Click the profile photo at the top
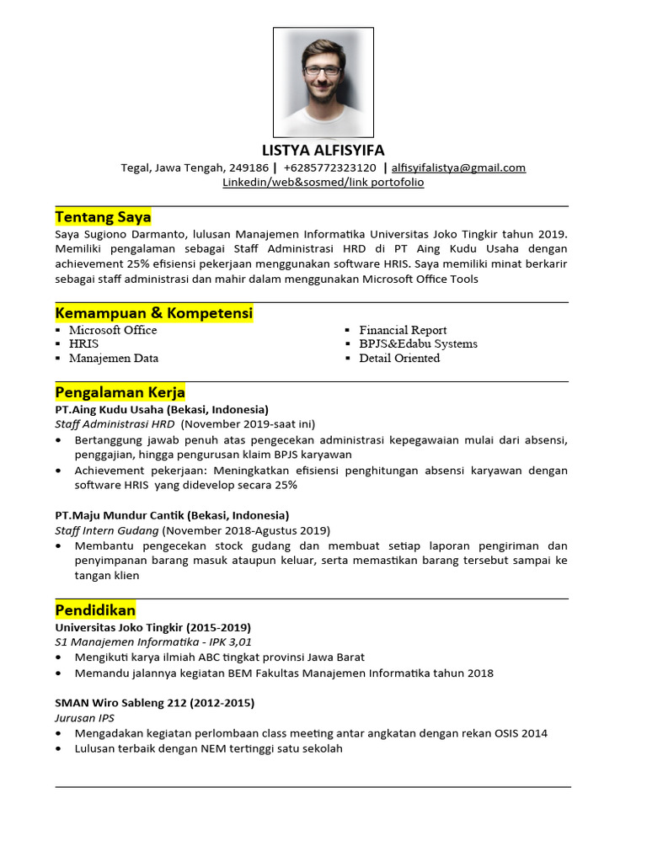(323, 82)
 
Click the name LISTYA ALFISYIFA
(323, 151)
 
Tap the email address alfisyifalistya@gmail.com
(458, 168)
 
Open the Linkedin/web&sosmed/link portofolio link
(323, 182)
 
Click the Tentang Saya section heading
(103, 217)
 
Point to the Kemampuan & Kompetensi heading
(153, 313)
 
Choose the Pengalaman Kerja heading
(120, 392)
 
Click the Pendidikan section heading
(95, 609)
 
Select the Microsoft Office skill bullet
(113, 330)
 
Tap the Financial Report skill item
(403, 330)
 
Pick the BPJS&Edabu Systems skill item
(418, 343)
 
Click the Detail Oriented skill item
(399, 358)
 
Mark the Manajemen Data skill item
(114, 358)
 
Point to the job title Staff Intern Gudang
(107, 530)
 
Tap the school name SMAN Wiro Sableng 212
(131, 702)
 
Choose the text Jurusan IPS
(85, 718)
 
